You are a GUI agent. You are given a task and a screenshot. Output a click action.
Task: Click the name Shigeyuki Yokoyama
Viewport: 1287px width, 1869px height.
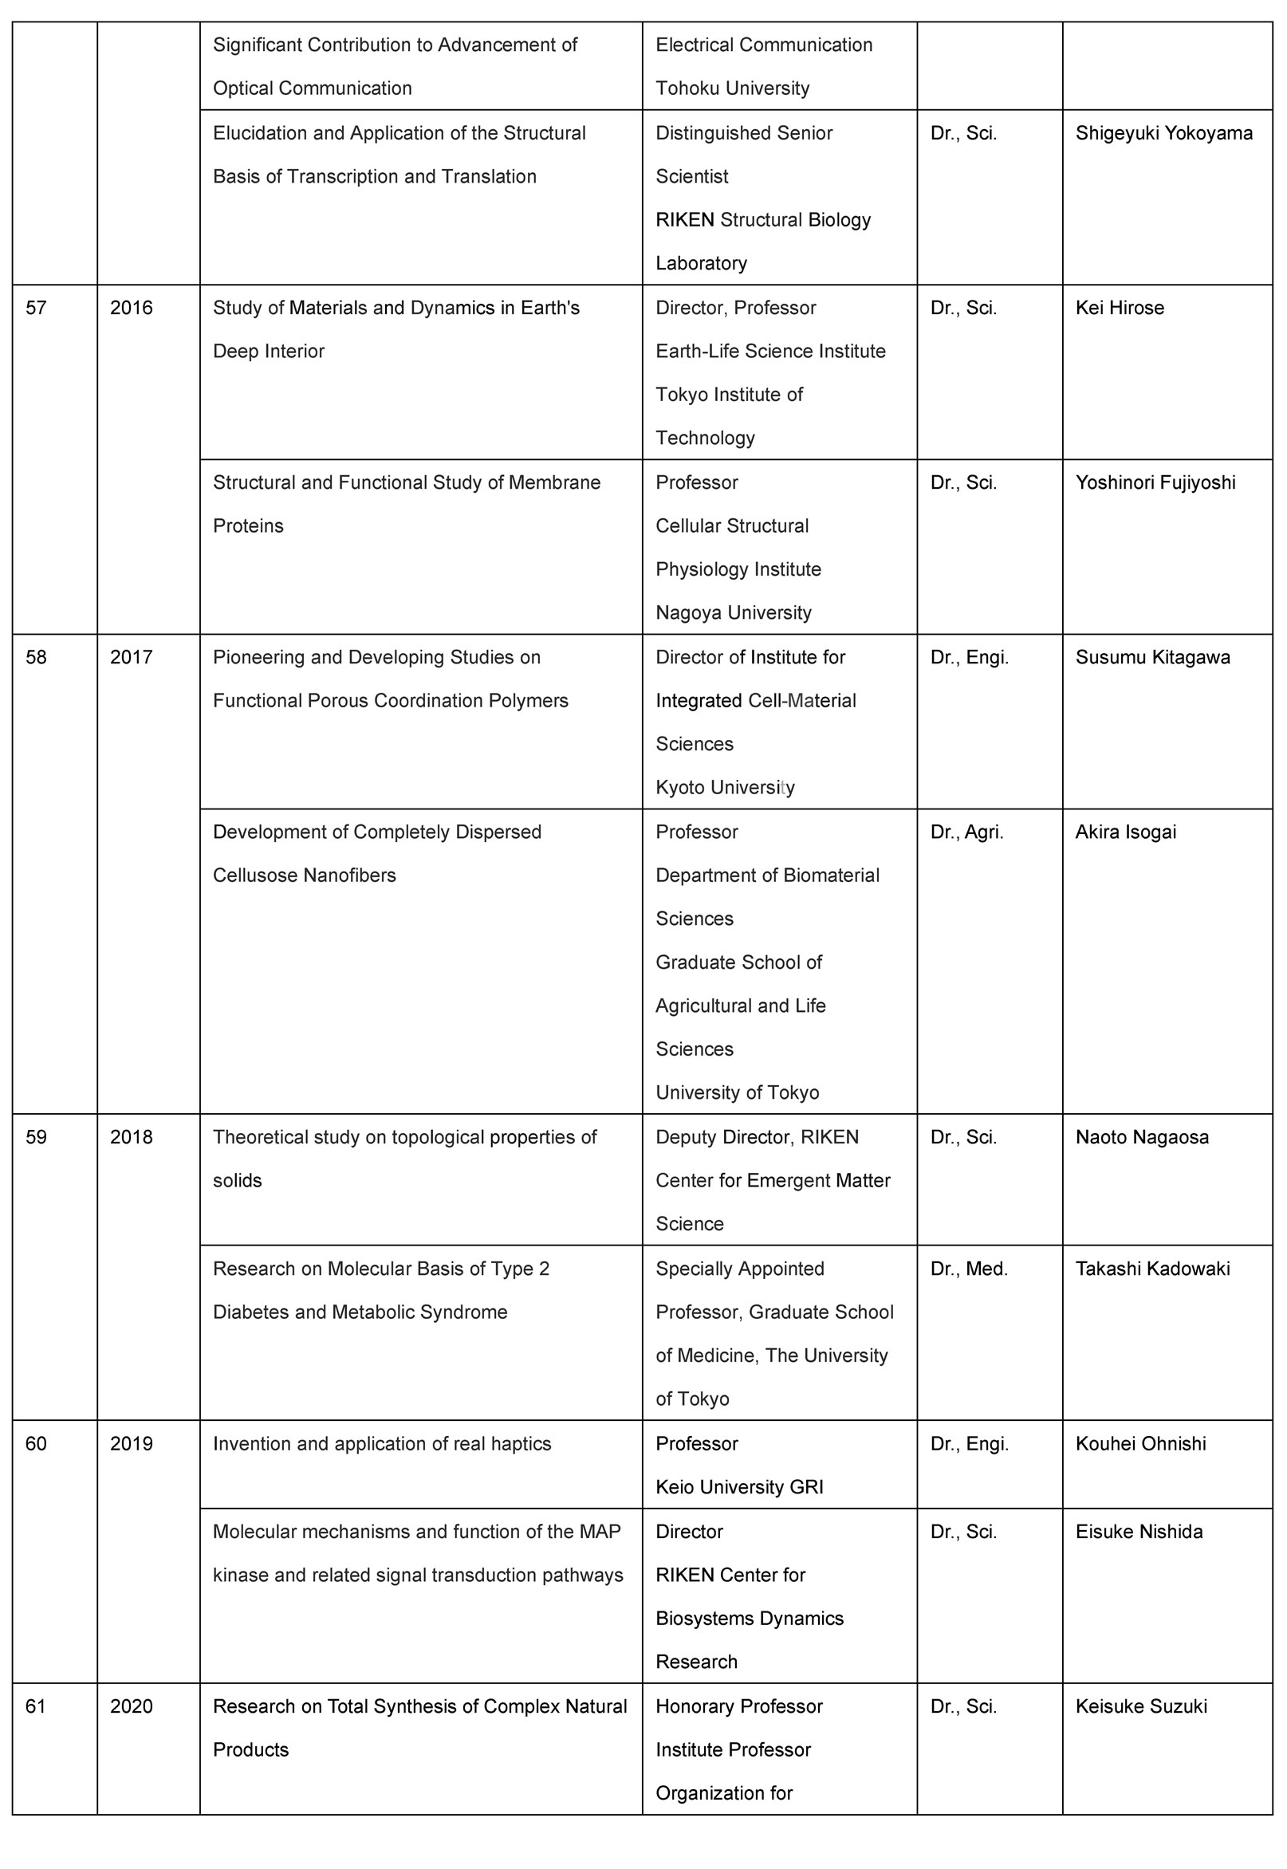(x=1163, y=133)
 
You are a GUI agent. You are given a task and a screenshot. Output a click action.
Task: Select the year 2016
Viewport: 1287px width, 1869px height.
(x=132, y=308)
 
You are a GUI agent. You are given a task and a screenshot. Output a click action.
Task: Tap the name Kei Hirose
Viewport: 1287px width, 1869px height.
(x=1120, y=308)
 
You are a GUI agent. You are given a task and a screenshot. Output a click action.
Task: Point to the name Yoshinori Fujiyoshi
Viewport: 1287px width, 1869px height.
(x=1155, y=483)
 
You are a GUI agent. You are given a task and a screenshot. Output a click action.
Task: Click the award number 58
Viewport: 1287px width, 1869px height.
(x=37, y=657)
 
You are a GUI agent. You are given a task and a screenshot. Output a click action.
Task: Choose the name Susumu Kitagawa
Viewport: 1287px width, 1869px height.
(x=1152, y=657)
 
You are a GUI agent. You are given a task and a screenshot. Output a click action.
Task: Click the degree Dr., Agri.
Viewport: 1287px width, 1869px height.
(x=966, y=832)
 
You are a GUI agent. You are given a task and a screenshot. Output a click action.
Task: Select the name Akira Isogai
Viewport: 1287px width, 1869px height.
(x=1125, y=832)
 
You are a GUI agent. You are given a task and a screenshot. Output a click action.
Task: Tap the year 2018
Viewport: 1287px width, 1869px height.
(x=132, y=1138)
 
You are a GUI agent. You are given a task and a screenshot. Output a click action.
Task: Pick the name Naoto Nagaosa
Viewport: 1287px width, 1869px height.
(x=1142, y=1138)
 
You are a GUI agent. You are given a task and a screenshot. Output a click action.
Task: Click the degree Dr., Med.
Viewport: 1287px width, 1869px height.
(x=969, y=1269)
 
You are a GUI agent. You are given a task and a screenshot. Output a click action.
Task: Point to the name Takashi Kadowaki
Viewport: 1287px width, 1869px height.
(x=1152, y=1269)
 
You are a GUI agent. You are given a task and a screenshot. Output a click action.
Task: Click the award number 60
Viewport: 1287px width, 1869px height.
(x=37, y=1444)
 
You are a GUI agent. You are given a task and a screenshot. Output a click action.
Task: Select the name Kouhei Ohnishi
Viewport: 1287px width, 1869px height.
(x=1140, y=1444)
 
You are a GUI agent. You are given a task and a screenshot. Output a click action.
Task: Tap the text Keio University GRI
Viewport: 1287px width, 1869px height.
(x=738, y=1488)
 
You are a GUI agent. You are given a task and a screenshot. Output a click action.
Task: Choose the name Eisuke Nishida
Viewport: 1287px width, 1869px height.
(x=1139, y=1532)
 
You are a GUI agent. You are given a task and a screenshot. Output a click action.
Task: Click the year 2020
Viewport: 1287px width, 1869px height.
(x=132, y=1707)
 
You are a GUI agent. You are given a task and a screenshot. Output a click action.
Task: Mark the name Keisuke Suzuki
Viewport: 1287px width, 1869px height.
(x=1141, y=1707)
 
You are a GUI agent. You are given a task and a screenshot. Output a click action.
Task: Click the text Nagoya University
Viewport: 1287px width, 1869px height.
(x=733, y=613)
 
